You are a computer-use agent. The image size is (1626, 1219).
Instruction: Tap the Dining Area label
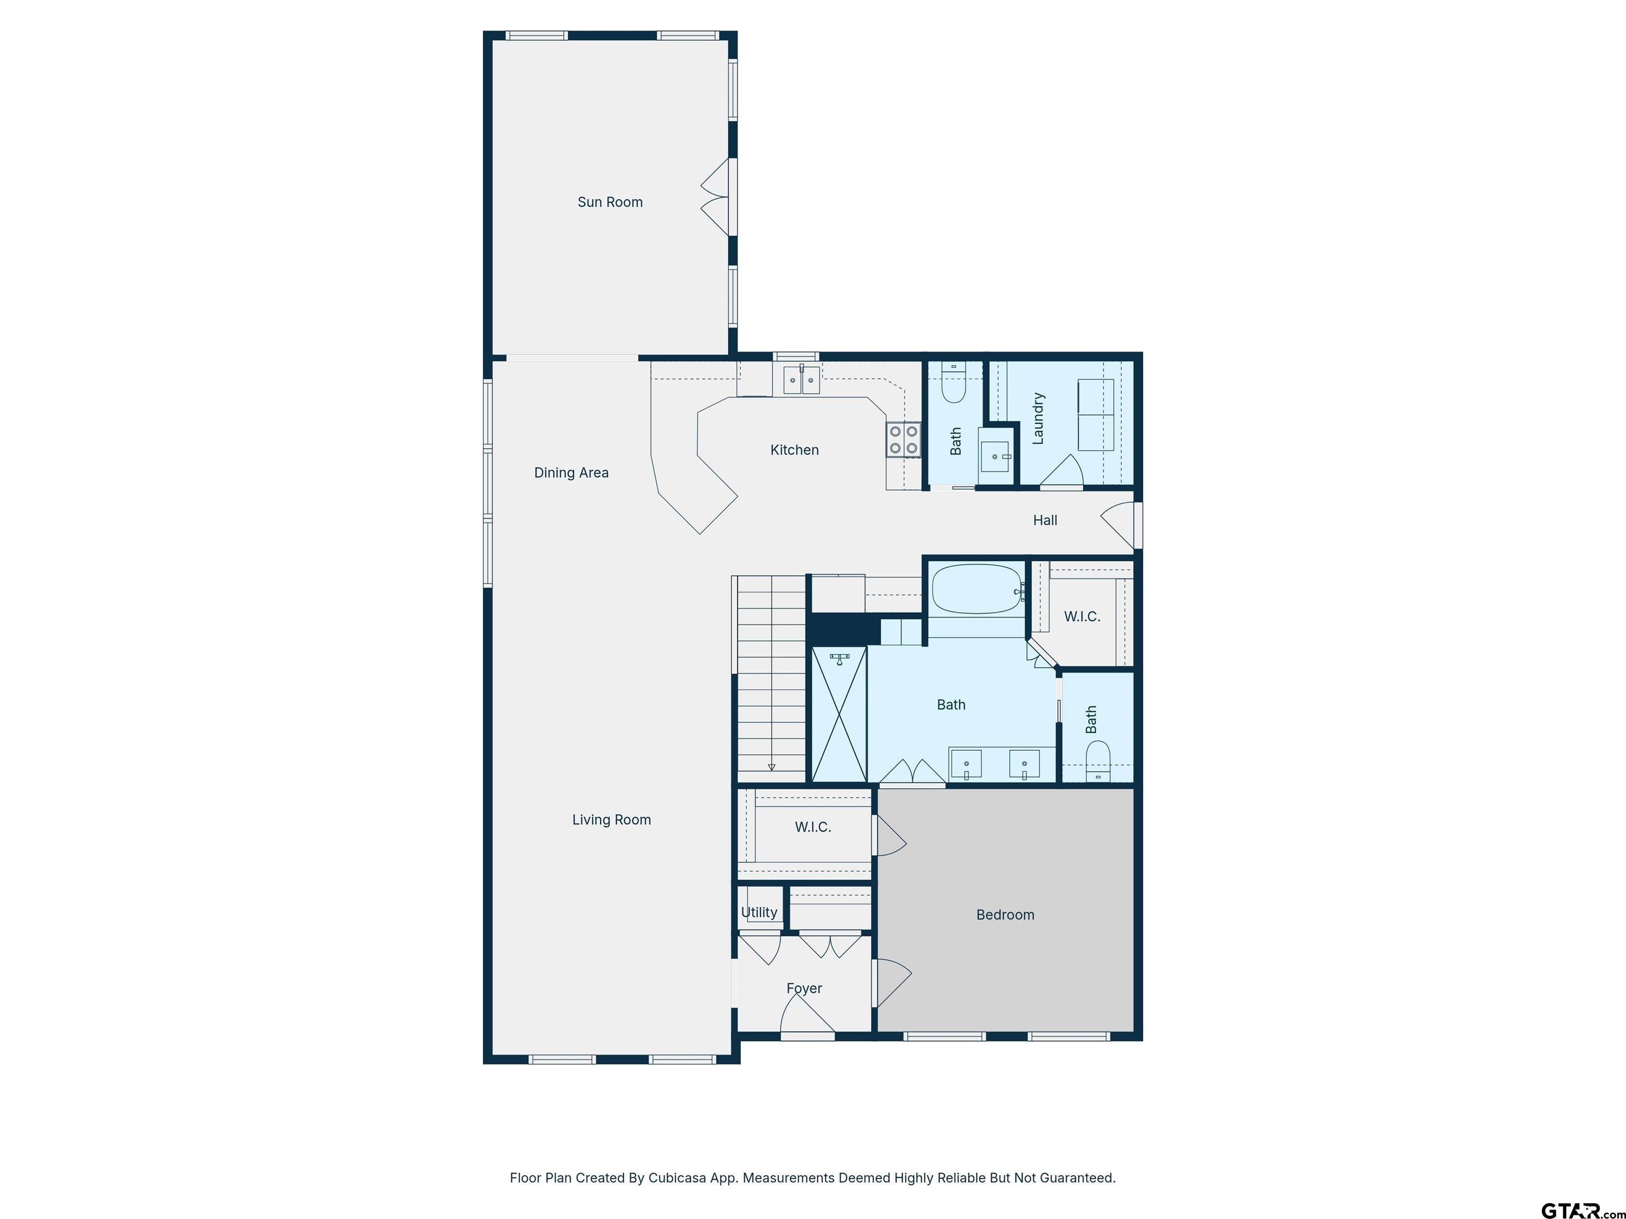point(571,473)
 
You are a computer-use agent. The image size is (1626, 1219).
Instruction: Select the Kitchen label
point(794,450)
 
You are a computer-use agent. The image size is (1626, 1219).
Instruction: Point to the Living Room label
point(611,819)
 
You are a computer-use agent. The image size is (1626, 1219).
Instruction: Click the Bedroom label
point(1005,915)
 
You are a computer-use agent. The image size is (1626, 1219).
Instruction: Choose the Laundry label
point(1038,418)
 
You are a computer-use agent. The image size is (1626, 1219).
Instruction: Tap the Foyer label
point(804,989)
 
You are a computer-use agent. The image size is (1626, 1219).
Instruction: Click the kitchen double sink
point(801,380)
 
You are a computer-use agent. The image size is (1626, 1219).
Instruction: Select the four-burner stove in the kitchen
point(904,439)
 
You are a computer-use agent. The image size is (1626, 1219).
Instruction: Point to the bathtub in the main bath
point(977,588)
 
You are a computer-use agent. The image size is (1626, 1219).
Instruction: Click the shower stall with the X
point(839,714)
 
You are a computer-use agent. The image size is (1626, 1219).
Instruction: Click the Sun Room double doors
point(715,197)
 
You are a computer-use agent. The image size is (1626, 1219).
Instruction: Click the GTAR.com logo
point(1583,1210)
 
